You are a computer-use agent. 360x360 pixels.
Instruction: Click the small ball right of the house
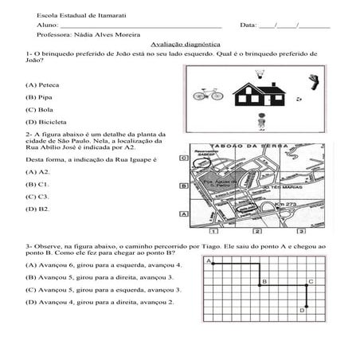pyautogui.click(x=298, y=100)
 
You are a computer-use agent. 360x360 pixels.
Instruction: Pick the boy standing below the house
pyautogui.click(x=260, y=121)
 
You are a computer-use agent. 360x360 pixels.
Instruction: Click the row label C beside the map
pyautogui.click(x=183, y=158)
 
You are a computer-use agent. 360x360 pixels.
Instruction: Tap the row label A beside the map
pyautogui.click(x=183, y=213)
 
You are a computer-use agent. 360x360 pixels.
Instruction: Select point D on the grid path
pyautogui.click(x=303, y=309)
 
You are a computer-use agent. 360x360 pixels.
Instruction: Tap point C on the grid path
pyautogui.click(x=310, y=281)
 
